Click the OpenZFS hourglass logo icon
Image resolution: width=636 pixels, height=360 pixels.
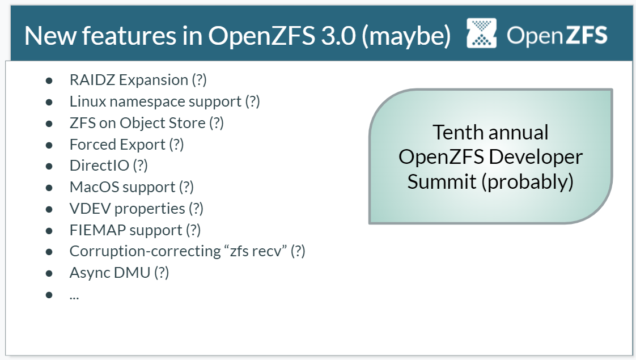point(481,33)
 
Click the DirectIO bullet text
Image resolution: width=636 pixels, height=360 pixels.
point(109,166)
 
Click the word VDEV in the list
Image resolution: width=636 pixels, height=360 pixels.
point(90,209)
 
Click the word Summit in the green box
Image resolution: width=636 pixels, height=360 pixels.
point(442,181)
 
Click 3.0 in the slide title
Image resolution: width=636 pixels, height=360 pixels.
point(338,36)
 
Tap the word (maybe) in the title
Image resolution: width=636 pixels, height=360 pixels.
point(406,36)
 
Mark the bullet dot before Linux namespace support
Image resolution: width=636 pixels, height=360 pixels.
point(49,102)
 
